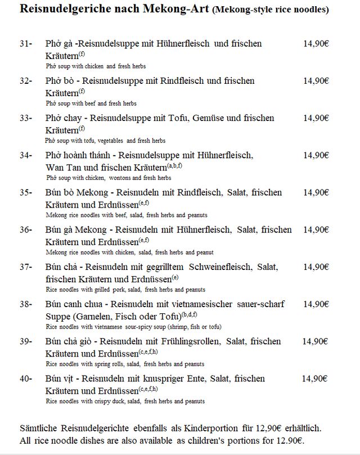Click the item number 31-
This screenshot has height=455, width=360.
25,43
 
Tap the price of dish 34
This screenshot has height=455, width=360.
316,155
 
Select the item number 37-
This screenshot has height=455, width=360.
25,267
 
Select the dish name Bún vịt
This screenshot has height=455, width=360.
60,379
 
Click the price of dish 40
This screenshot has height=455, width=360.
314,379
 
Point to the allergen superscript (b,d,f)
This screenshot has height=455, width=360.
189,313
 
